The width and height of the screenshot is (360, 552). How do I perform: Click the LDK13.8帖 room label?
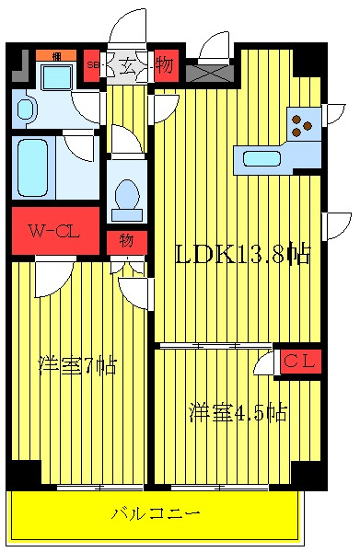click(x=241, y=253)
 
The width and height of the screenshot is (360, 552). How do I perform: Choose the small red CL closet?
click(x=297, y=362)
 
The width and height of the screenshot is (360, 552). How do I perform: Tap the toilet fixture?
click(x=126, y=196)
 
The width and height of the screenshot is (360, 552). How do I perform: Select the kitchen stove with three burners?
click(x=303, y=122)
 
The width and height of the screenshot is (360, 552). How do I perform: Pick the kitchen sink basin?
click(x=262, y=158)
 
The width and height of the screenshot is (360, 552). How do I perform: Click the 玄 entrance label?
click(x=125, y=66)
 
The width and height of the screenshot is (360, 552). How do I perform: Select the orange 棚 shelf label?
click(x=56, y=55)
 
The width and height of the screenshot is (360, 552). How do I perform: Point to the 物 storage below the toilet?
click(x=126, y=242)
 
